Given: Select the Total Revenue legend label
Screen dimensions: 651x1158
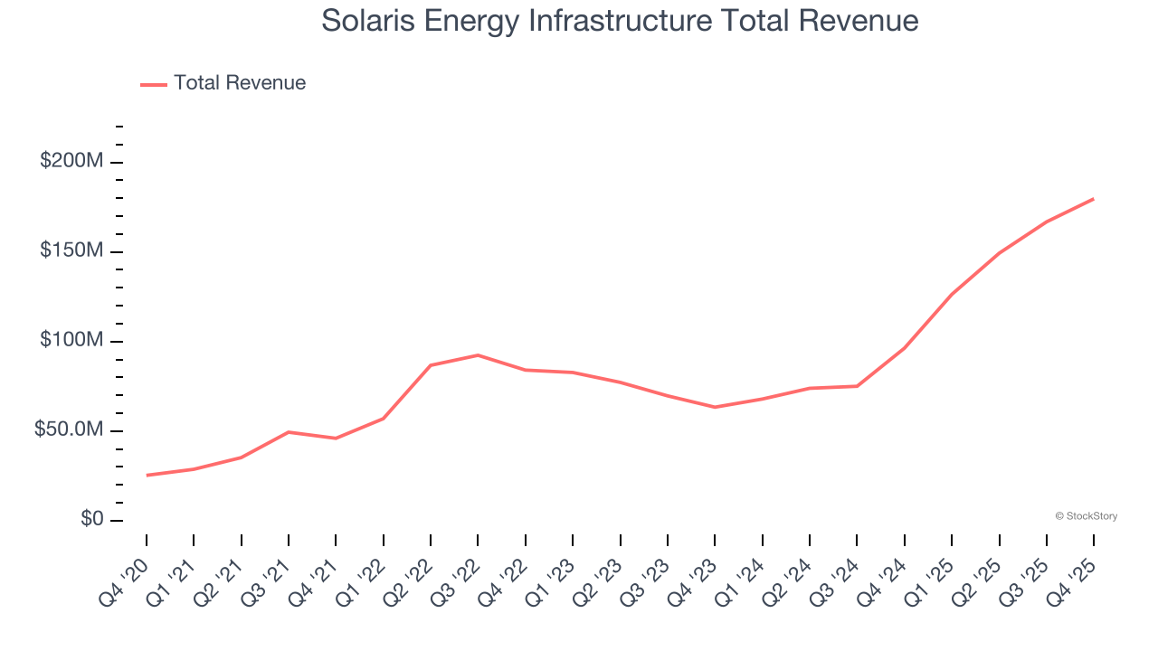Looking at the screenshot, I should point(240,83).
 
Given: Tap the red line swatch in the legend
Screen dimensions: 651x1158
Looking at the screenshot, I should point(154,84).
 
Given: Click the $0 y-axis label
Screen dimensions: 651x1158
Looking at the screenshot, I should point(91,520).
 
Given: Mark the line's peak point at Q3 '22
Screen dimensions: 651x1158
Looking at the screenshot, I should point(478,355).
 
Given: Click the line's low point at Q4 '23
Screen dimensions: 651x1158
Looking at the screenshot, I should point(715,407).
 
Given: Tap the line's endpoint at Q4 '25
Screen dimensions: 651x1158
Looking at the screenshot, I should point(1093,199).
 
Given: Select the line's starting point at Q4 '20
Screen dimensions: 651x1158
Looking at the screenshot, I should point(147,475).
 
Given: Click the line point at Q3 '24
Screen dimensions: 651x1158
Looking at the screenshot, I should point(857,386).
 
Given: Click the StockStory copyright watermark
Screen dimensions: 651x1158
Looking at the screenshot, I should point(1086,516).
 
